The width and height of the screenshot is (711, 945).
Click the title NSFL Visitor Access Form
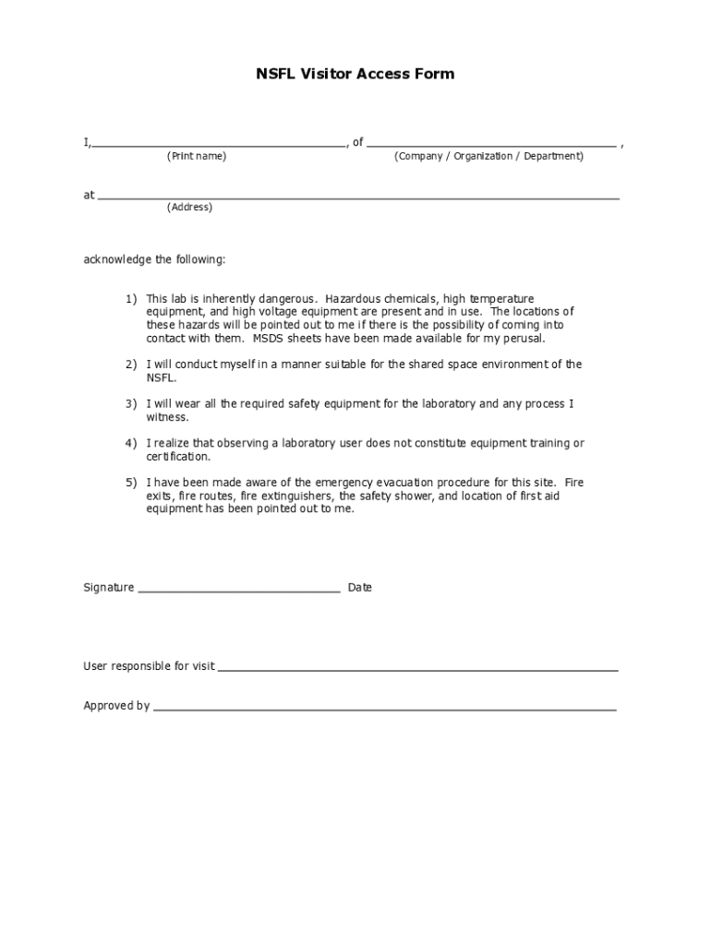pos(355,74)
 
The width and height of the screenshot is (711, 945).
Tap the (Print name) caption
pos(196,157)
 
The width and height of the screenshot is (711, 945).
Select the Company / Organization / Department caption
pos(488,157)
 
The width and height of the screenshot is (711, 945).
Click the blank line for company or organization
pos(491,145)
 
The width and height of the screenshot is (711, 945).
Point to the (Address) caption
pos(189,208)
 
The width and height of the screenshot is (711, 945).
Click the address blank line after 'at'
pos(358,197)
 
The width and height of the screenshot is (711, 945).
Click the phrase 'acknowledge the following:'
pos(154,260)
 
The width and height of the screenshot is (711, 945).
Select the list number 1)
pos(131,299)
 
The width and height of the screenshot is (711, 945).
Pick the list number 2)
pos(131,365)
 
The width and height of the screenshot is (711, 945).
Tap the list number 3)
pos(131,404)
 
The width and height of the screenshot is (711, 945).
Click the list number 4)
pos(131,444)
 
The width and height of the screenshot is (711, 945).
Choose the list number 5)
pos(131,483)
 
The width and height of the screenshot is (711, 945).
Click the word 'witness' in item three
pos(166,417)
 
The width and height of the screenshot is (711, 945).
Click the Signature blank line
pos(239,590)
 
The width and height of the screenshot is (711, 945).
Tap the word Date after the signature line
pos(360,588)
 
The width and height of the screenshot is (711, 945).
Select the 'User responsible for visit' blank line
pos(417,669)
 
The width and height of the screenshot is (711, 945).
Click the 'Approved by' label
pos(116,706)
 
